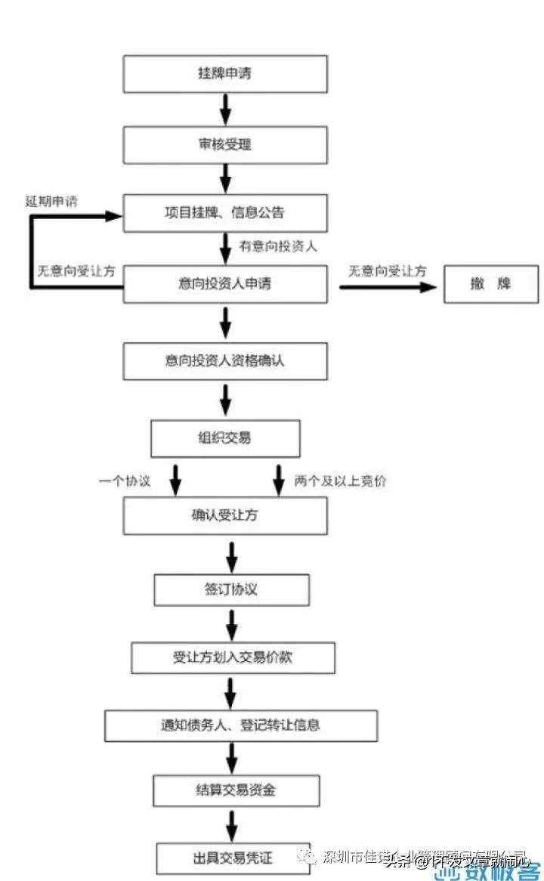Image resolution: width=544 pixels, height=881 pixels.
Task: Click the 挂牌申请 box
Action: pyautogui.click(x=225, y=74)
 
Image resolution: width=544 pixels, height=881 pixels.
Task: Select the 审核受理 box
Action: pyautogui.click(x=225, y=144)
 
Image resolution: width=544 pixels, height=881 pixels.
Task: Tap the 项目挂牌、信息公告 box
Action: pyautogui.click(x=225, y=213)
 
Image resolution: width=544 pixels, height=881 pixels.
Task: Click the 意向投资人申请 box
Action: pyautogui.click(x=225, y=284)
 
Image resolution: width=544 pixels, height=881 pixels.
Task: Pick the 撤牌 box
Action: pyautogui.click(x=490, y=284)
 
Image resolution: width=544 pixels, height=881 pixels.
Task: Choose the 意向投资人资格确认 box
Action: pyautogui.click(x=225, y=360)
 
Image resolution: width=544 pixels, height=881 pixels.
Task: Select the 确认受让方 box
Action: pyautogui.click(x=225, y=516)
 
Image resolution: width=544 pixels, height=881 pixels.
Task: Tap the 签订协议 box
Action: pyautogui.click(x=231, y=589)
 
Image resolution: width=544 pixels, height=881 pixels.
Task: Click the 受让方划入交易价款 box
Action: pyautogui.click(x=233, y=657)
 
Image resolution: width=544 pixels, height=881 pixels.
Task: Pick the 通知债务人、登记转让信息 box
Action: pyautogui.click(x=240, y=725)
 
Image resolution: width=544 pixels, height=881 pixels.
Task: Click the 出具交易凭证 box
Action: pyautogui.click(x=233, y=858)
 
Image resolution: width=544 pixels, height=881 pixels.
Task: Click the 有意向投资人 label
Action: pyautogui.click(x=277, y=246)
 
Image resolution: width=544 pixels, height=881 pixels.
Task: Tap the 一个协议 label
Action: pyautogui.click(x=125, y=481)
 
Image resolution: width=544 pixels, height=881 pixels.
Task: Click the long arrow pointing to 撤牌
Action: pyautogui.click(x=388, y=287)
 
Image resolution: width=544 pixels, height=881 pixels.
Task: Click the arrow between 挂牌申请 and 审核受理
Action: pyautogui.click(x=225, y=109)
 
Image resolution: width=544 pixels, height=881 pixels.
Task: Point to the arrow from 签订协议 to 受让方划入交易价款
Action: pyautogui.click(x=232, y=623)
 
